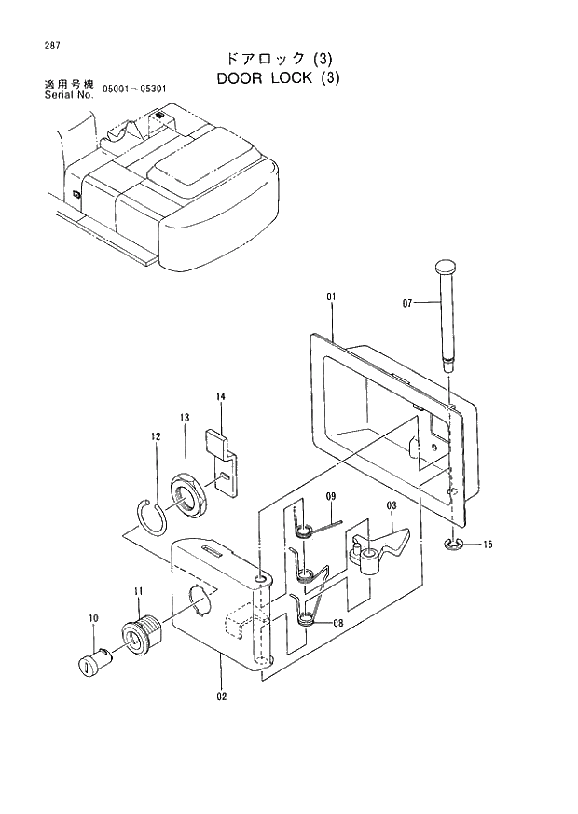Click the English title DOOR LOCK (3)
278,78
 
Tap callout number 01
330,297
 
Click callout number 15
488,545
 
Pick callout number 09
330,496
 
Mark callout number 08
337,626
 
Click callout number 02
221,694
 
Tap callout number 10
93,617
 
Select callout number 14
221,397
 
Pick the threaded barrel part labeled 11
141,638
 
